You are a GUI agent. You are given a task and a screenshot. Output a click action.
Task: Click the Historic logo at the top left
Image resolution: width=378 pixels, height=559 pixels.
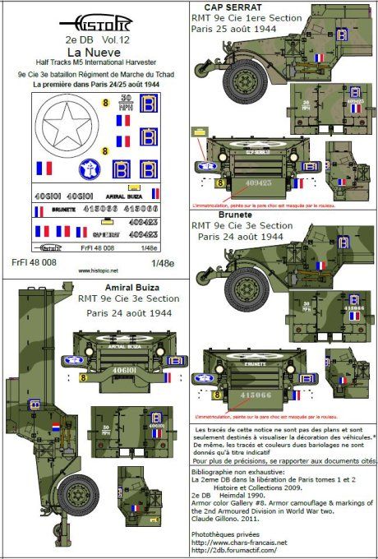(x=94, y=15)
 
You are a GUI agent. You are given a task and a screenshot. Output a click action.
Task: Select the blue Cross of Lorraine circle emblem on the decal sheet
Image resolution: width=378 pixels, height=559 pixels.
(x=86, y=170)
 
